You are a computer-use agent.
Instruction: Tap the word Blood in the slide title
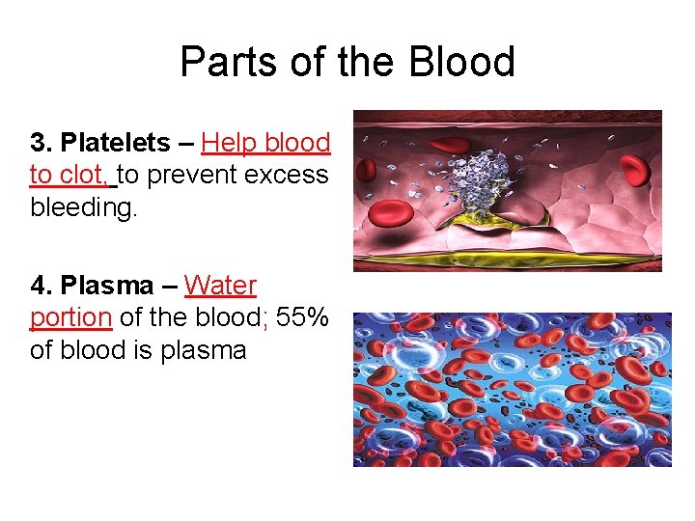(x=462, y=63)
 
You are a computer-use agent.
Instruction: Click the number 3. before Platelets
(x=42, y=143)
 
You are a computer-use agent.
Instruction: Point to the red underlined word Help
(x=228, y=143)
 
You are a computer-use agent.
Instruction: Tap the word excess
(x=287, y=176)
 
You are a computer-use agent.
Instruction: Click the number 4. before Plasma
(x=42, y=286)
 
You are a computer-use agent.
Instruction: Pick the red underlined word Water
(x=220, y=286)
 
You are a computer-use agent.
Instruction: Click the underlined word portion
(x=70, y=317)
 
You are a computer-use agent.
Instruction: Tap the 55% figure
(x=302, y=317)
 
